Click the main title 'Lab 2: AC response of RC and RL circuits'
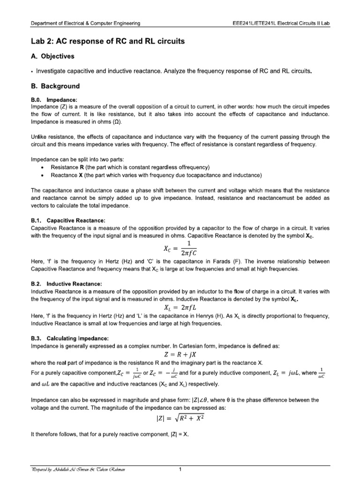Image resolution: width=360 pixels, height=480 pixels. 108,42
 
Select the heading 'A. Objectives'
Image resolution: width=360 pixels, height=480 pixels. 52,56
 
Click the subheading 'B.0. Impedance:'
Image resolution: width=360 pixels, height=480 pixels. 53,99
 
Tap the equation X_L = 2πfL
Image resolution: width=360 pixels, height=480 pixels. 180,307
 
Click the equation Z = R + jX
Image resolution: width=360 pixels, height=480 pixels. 180,354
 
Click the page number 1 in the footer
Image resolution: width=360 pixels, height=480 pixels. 180,469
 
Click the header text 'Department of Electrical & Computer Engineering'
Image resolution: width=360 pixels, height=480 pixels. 85,24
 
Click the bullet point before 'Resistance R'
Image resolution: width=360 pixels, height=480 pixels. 43,168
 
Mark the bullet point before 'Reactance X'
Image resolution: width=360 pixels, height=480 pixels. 43,175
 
